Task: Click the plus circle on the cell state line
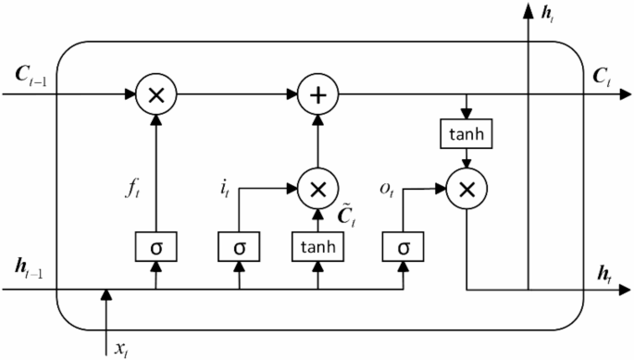(317, 93)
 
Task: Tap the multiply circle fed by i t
(317, 189)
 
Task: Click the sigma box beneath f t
(155, 247)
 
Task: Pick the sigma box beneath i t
(239, 247)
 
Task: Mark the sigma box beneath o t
(403, 247)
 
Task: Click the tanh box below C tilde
(317, 247)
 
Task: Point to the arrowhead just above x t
(106, 295)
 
